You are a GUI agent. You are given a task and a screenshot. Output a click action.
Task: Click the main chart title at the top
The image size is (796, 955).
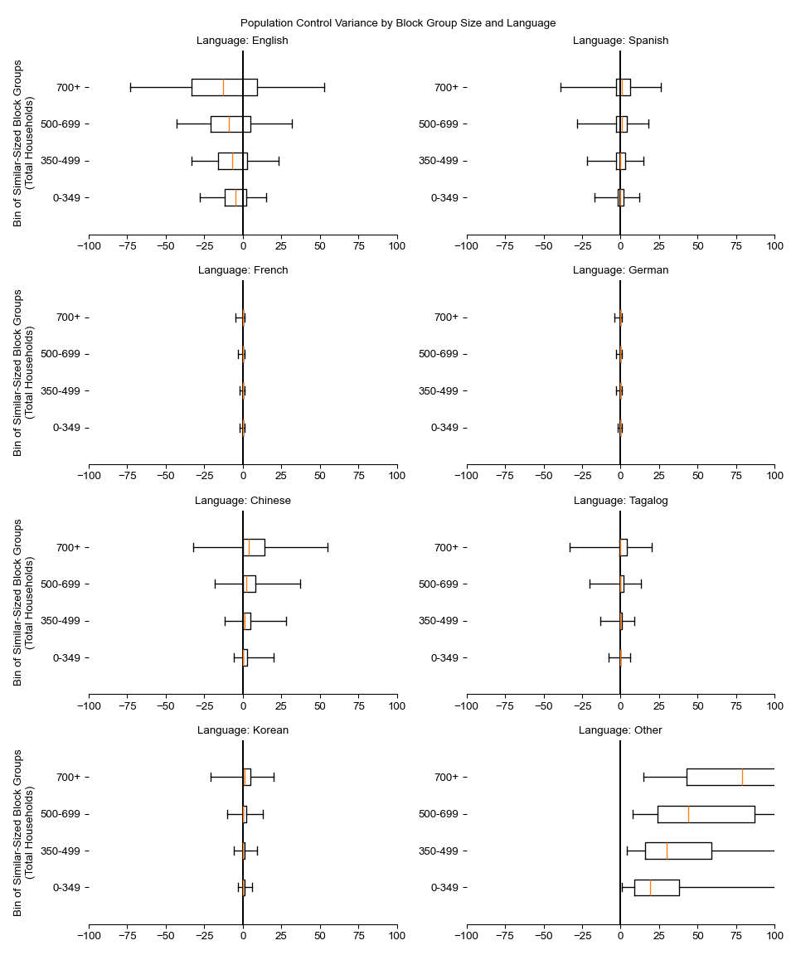398,23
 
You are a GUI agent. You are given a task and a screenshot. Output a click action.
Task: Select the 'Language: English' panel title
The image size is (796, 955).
242,41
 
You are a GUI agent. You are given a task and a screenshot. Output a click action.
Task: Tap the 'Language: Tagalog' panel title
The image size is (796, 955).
620,501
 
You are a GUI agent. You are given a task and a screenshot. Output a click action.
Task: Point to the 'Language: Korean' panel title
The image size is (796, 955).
242,730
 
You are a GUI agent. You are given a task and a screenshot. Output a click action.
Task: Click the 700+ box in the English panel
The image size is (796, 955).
224,87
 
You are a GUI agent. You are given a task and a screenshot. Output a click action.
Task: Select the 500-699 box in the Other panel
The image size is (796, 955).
706,814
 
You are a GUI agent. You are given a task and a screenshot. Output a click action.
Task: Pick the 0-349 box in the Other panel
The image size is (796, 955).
657,888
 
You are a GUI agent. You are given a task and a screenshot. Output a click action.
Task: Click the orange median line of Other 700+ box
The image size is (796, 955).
742,777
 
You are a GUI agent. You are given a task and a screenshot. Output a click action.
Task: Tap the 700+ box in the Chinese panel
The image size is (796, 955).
254,547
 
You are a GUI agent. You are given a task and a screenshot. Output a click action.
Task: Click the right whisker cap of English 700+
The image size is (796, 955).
324,87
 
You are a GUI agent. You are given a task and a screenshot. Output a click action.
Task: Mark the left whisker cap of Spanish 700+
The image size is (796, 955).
561,87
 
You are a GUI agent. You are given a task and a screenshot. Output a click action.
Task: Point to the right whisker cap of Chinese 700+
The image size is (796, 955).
328,547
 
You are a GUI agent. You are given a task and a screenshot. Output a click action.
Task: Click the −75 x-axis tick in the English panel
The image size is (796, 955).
127,245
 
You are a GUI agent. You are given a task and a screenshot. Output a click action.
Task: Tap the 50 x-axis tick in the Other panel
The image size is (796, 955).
697,935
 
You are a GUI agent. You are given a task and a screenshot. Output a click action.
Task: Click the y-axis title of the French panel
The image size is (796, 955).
23,372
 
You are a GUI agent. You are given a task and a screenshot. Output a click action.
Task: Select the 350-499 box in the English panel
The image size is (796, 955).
232,161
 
